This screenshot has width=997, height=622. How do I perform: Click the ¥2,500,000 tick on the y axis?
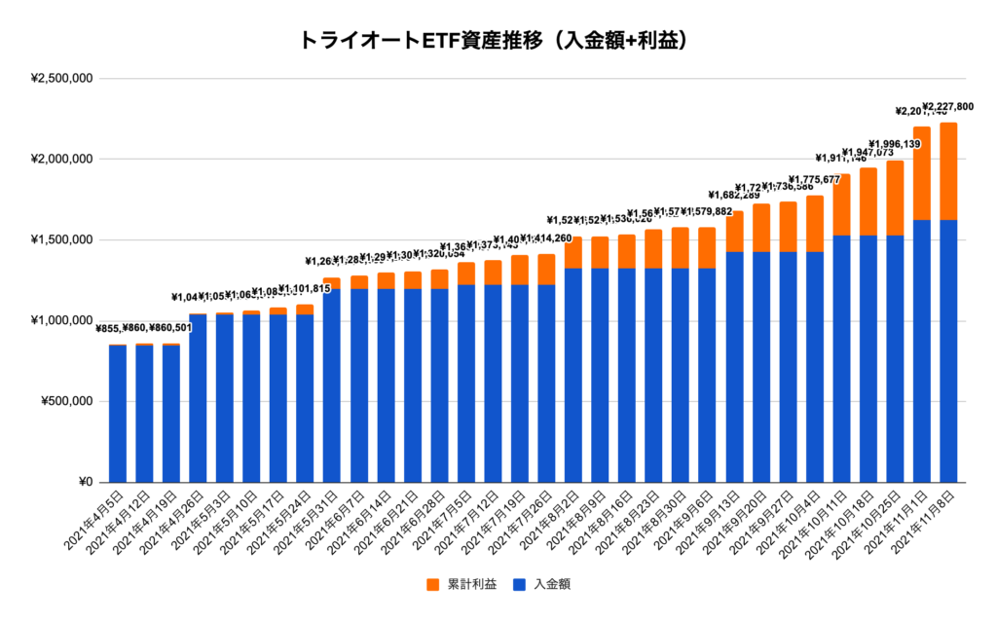click(59, 79)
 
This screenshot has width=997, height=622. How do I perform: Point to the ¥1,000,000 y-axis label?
click(59, 321)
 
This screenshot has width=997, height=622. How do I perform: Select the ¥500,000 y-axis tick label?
click(63, 402)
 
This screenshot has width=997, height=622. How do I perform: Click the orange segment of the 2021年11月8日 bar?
click(948, 171)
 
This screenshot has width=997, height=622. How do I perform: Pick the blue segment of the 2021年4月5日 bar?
click(118, 414)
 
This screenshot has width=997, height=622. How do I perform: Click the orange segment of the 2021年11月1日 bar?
click(922, 173)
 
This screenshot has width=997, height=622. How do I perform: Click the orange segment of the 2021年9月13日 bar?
click(734, 232)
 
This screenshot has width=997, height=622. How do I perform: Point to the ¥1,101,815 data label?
click(307, 288)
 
